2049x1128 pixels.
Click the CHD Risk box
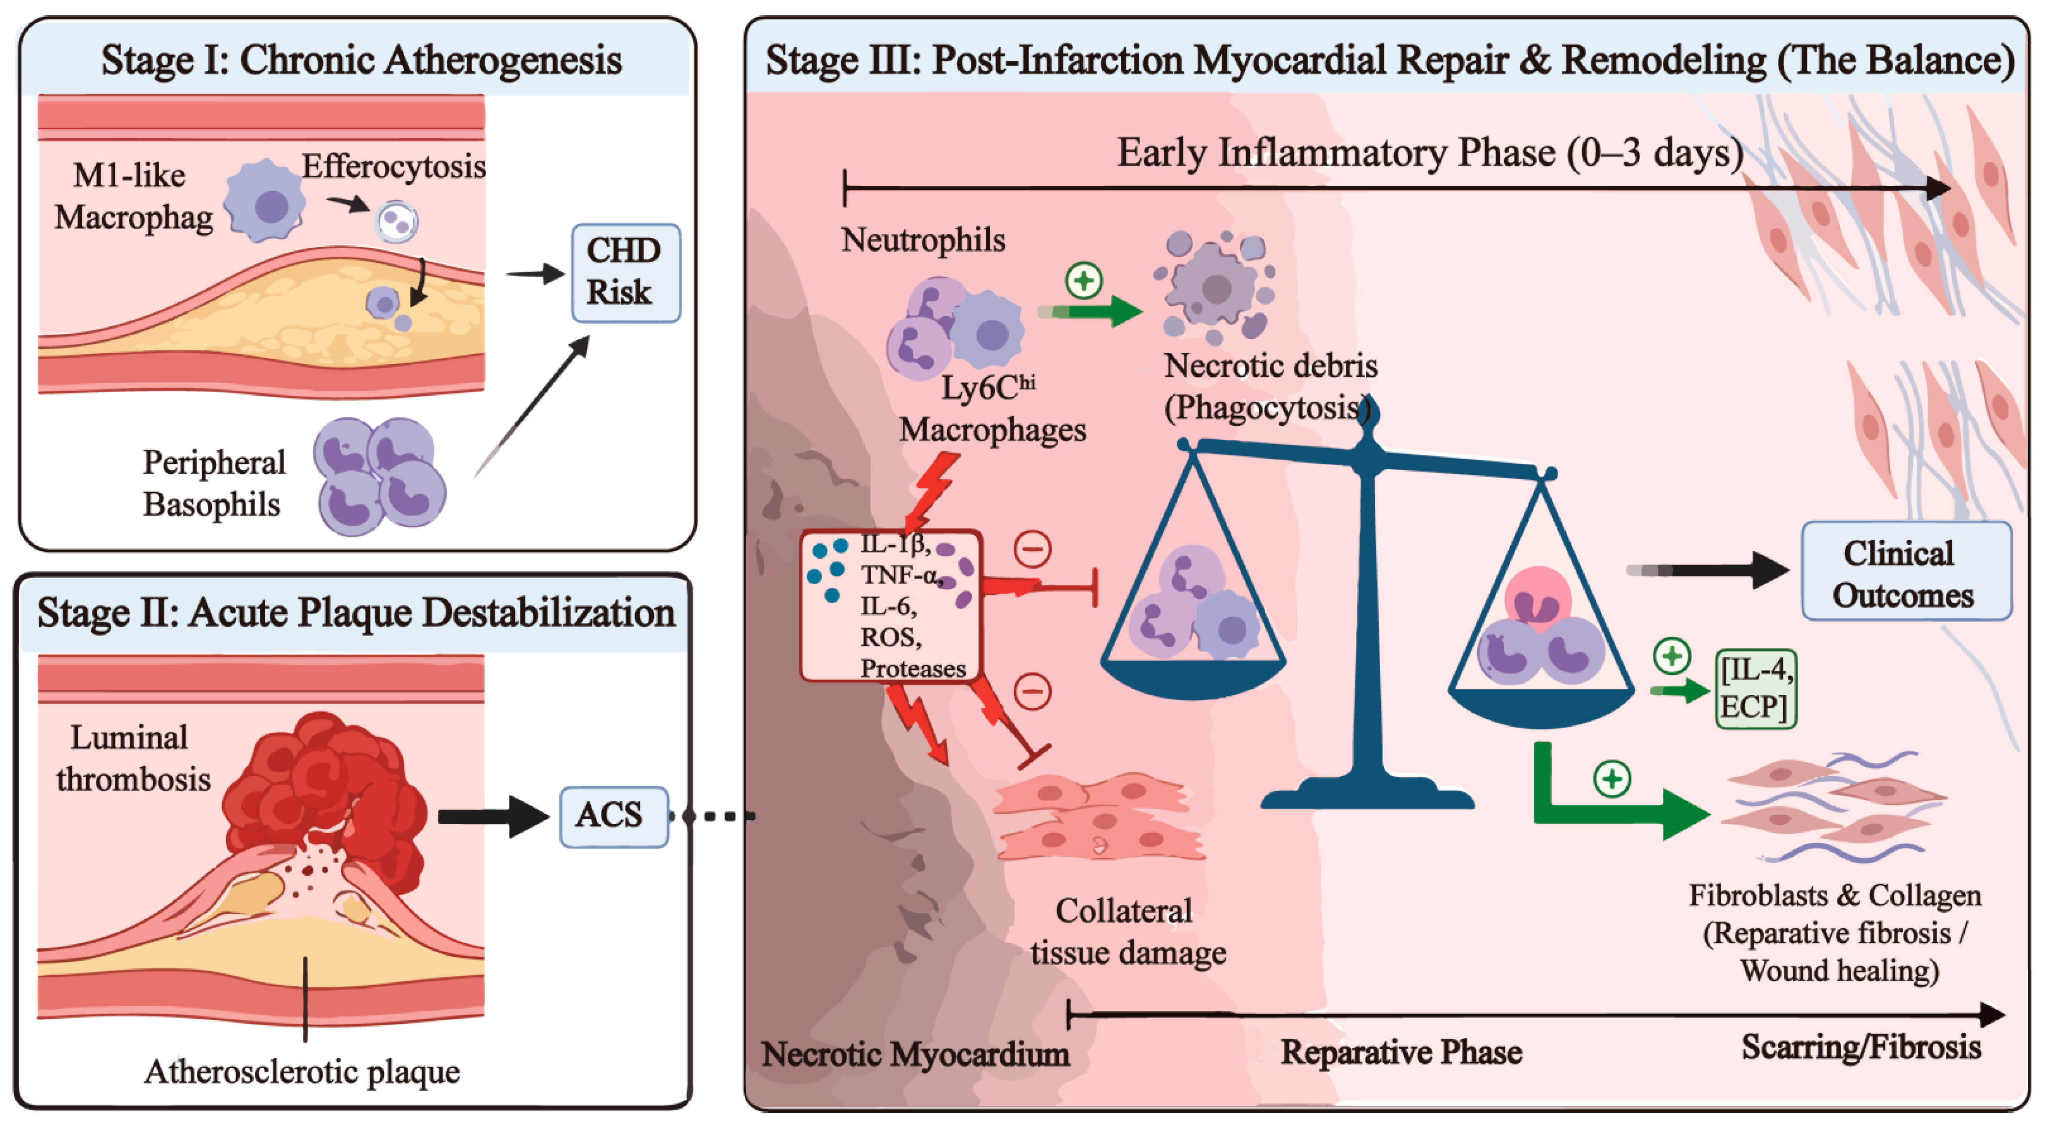tap(625, 273)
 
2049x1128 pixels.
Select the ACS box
tap(613, 816)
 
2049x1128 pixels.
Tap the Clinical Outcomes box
tap(1906, 571)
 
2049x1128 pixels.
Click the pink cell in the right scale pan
tap(1537, 598)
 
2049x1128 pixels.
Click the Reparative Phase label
tap(1401, 1053)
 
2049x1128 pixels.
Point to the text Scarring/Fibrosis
tap(1862, 1047)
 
